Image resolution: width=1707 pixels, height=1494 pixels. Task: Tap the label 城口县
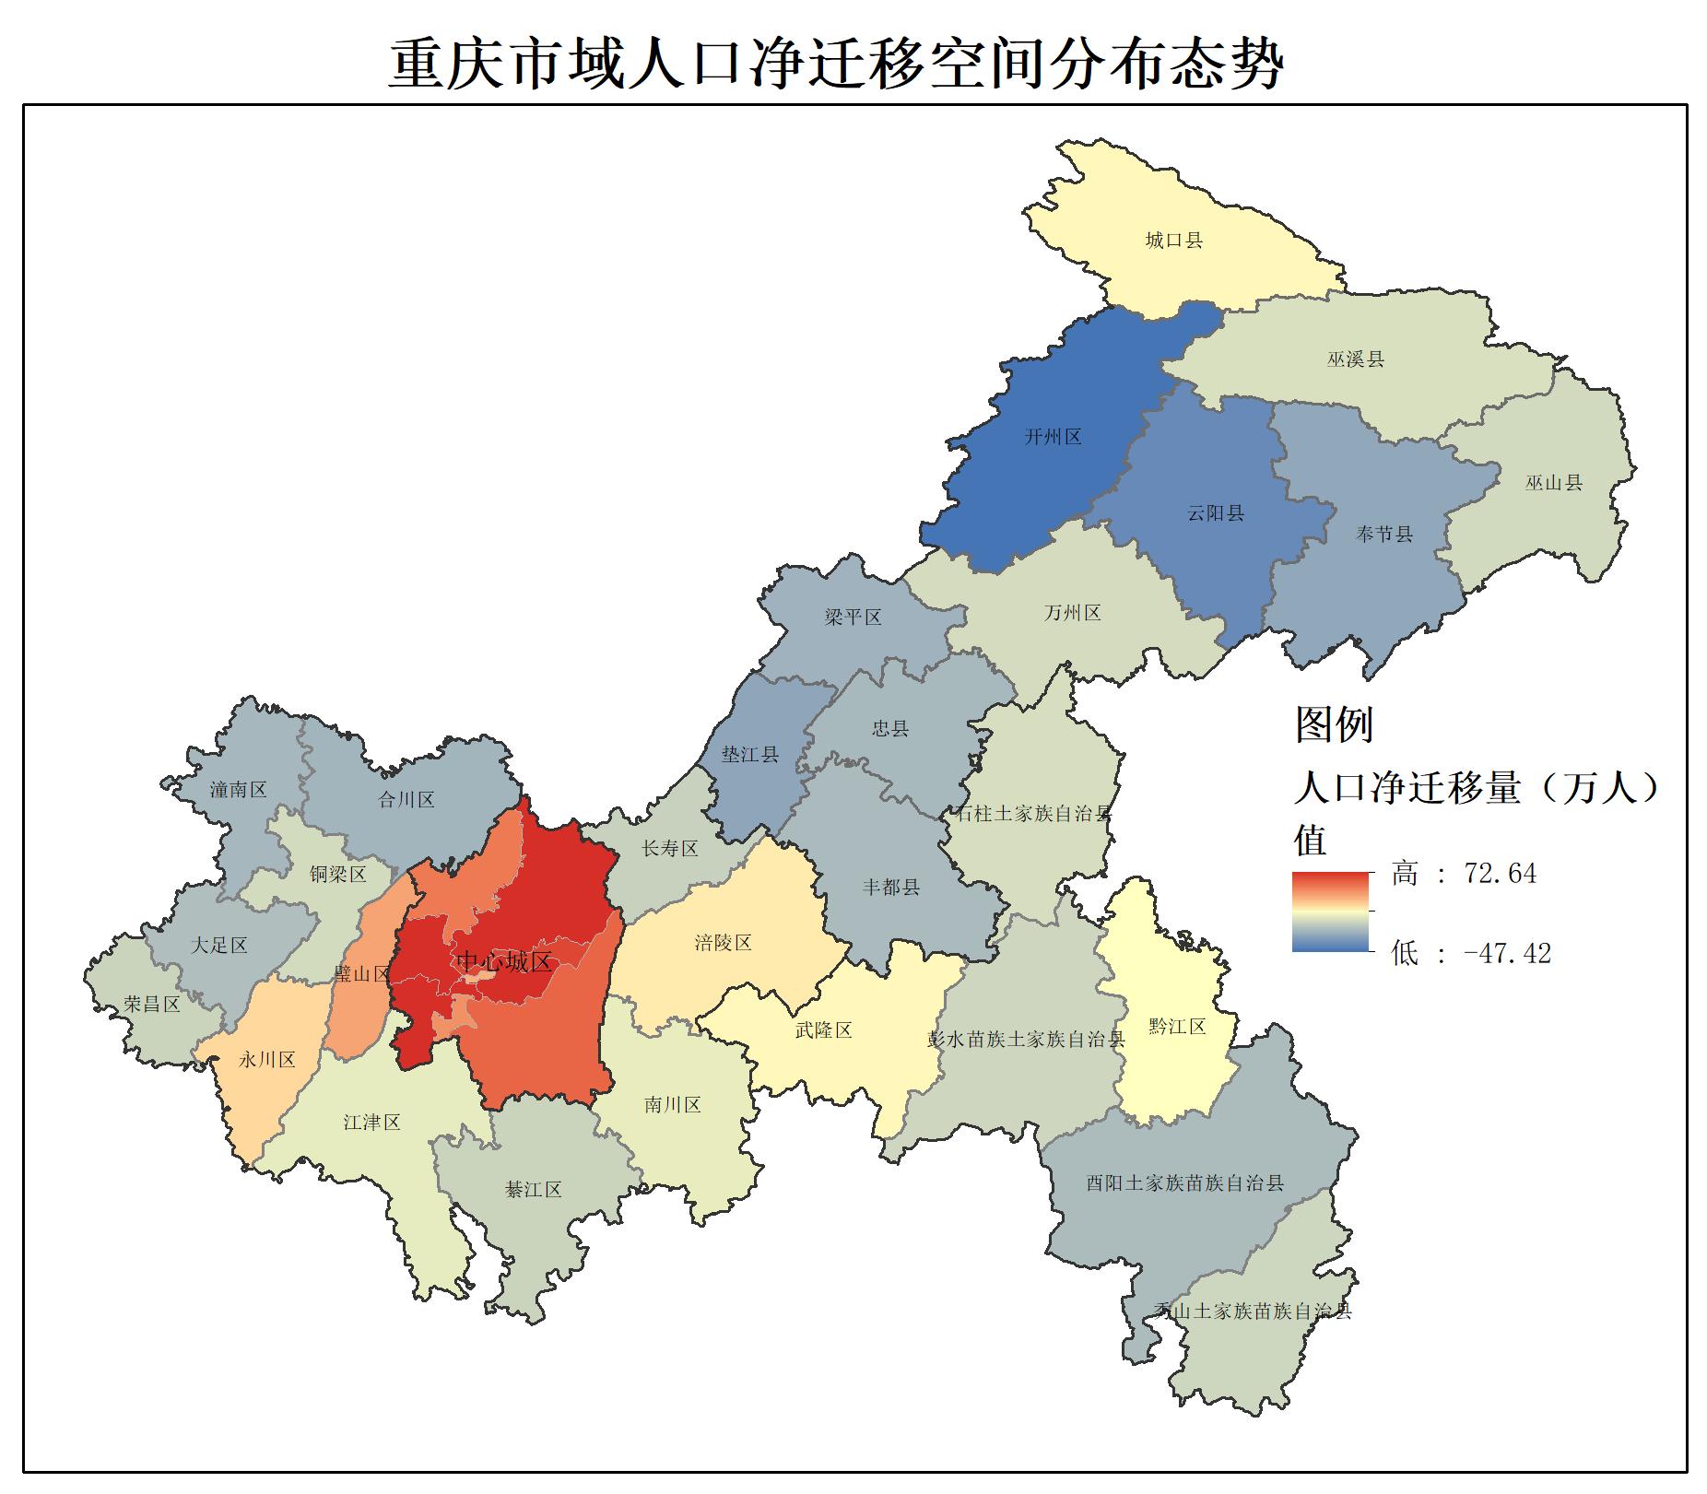[1173, 241]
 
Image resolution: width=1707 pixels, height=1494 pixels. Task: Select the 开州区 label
[1053, 437]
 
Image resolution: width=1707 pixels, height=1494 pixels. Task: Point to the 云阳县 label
[1215, 513]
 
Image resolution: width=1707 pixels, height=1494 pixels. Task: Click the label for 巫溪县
[1355, 359]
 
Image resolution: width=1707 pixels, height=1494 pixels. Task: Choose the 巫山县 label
[1553, 482]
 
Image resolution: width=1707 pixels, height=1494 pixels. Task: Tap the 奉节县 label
[1383, 534]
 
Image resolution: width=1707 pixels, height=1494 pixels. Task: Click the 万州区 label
[1072, 613]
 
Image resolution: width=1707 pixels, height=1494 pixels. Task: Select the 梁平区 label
[853, 617]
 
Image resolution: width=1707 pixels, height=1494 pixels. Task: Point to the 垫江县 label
[749, 755]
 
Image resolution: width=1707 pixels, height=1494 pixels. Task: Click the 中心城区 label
[503, 962]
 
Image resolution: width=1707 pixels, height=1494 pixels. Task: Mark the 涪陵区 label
[723, 942]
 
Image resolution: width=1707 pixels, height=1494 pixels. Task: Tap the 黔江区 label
[1177, 1026]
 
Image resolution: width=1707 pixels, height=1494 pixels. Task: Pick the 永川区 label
[267, 1059]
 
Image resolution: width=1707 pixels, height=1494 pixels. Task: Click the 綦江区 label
[533, 1190]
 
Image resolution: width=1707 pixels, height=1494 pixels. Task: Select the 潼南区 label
[238, 790]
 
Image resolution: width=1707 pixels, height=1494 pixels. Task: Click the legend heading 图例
[1334, 724]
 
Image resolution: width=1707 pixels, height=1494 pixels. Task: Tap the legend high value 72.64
[1500, 874]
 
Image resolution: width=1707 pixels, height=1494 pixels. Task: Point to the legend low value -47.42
[1507, 953]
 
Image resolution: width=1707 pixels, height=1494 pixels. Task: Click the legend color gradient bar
[1330, 912]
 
